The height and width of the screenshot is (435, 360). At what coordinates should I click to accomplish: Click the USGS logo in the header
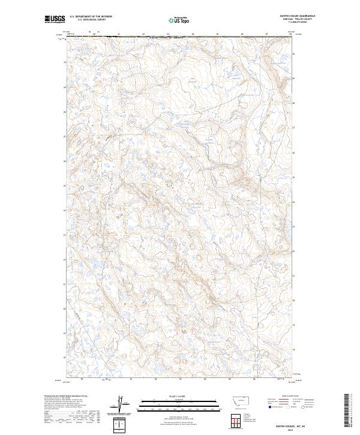(x=55, y=19)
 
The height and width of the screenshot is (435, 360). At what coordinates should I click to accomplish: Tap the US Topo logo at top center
(x=180, y=20)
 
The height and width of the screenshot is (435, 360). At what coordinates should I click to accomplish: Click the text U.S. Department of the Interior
(x=91, y=17)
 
